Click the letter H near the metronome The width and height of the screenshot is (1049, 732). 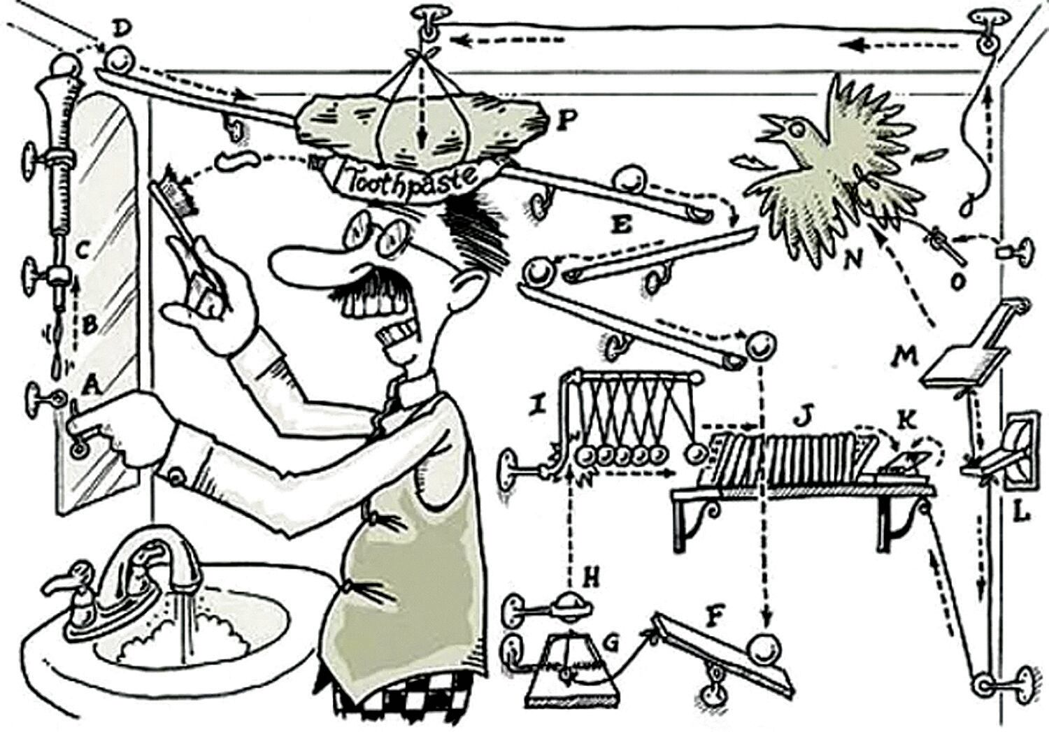point(592,577)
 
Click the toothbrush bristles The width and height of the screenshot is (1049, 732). point(178,191)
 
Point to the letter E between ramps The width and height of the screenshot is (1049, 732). point(620,226)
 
